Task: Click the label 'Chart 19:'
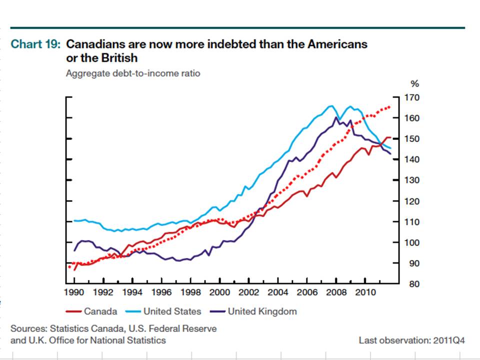pos(35,44)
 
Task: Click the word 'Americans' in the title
pos(337,44)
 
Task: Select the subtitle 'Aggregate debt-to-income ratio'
pos(133,73)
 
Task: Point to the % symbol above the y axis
pos(414,84)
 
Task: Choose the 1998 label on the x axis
pos(191,291)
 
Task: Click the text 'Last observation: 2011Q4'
pos(411,340)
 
